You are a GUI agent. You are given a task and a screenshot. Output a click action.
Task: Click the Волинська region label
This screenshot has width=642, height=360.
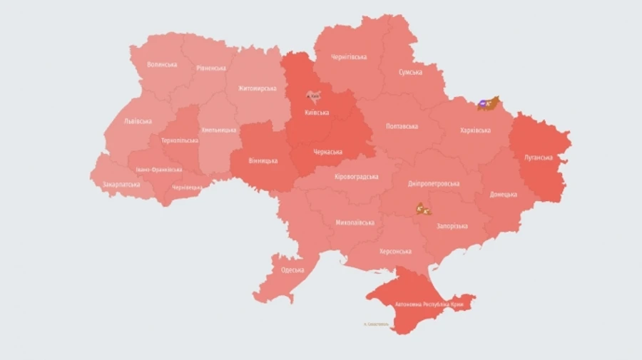(x=162, y=64)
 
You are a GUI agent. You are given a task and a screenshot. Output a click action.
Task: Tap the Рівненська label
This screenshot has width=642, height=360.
(x=211, y=68)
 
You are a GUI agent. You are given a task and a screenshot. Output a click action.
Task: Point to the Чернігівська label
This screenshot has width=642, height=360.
(x=349, y=57)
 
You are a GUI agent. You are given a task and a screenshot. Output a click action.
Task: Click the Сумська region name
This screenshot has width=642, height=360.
(x=410, y=72)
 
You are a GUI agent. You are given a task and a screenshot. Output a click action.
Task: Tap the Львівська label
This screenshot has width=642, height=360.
(x=138, y=121)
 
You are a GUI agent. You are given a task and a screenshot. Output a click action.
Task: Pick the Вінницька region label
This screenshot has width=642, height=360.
(x=263, y=160)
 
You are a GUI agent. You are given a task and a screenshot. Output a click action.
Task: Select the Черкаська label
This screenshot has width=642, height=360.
(x=327, y=152)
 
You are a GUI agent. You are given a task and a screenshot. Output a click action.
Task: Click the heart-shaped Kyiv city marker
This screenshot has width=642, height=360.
(x=312, y=96)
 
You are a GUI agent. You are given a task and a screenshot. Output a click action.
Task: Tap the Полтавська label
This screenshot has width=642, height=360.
(x=402, y=126)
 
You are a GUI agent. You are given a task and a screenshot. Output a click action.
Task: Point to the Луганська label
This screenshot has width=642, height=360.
(x=539, y=158)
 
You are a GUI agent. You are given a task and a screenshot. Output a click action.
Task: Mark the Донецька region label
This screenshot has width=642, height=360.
(x=504, y=194)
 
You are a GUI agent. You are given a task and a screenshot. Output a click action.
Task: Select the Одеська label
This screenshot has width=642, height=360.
(x=292, y=269)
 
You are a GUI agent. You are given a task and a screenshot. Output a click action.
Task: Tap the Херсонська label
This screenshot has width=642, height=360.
(x=395, y=251)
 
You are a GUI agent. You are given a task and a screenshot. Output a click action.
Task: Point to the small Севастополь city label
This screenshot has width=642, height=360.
(x=376, y=324)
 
